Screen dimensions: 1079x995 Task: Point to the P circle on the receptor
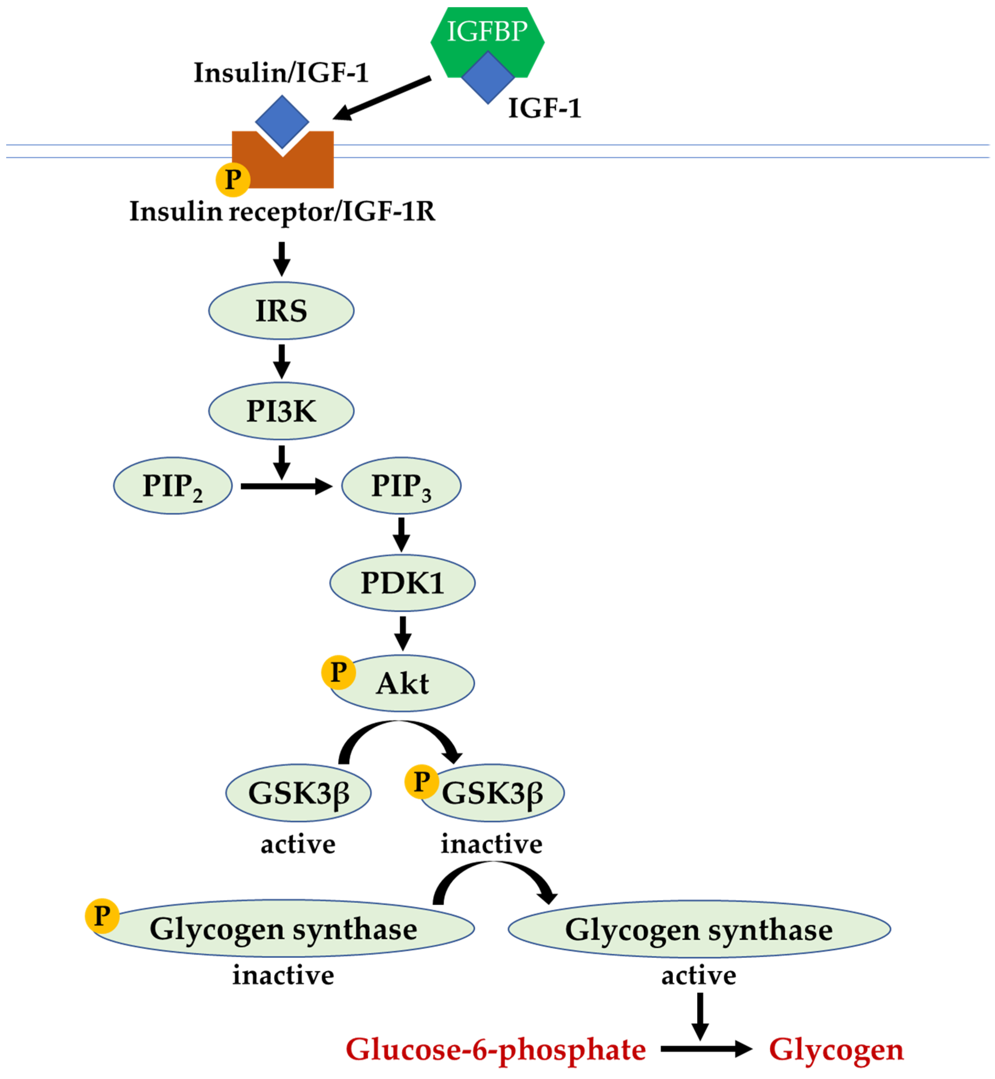click(x=233, y=179)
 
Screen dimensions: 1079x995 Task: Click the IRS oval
click(x=281, y=311)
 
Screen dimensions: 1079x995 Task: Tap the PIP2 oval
click(x=172, y=486)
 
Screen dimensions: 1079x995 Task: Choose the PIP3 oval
click(x=401, y=486)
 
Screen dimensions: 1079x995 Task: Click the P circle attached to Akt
click(x=338, y=672)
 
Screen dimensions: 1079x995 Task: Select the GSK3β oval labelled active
click(x=298, y=793)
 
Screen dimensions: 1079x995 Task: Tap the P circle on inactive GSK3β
click(x=421, y=781)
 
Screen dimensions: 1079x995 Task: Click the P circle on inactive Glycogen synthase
click(x=102, y=916)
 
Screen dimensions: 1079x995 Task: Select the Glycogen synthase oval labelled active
click(x=699, y=930)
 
